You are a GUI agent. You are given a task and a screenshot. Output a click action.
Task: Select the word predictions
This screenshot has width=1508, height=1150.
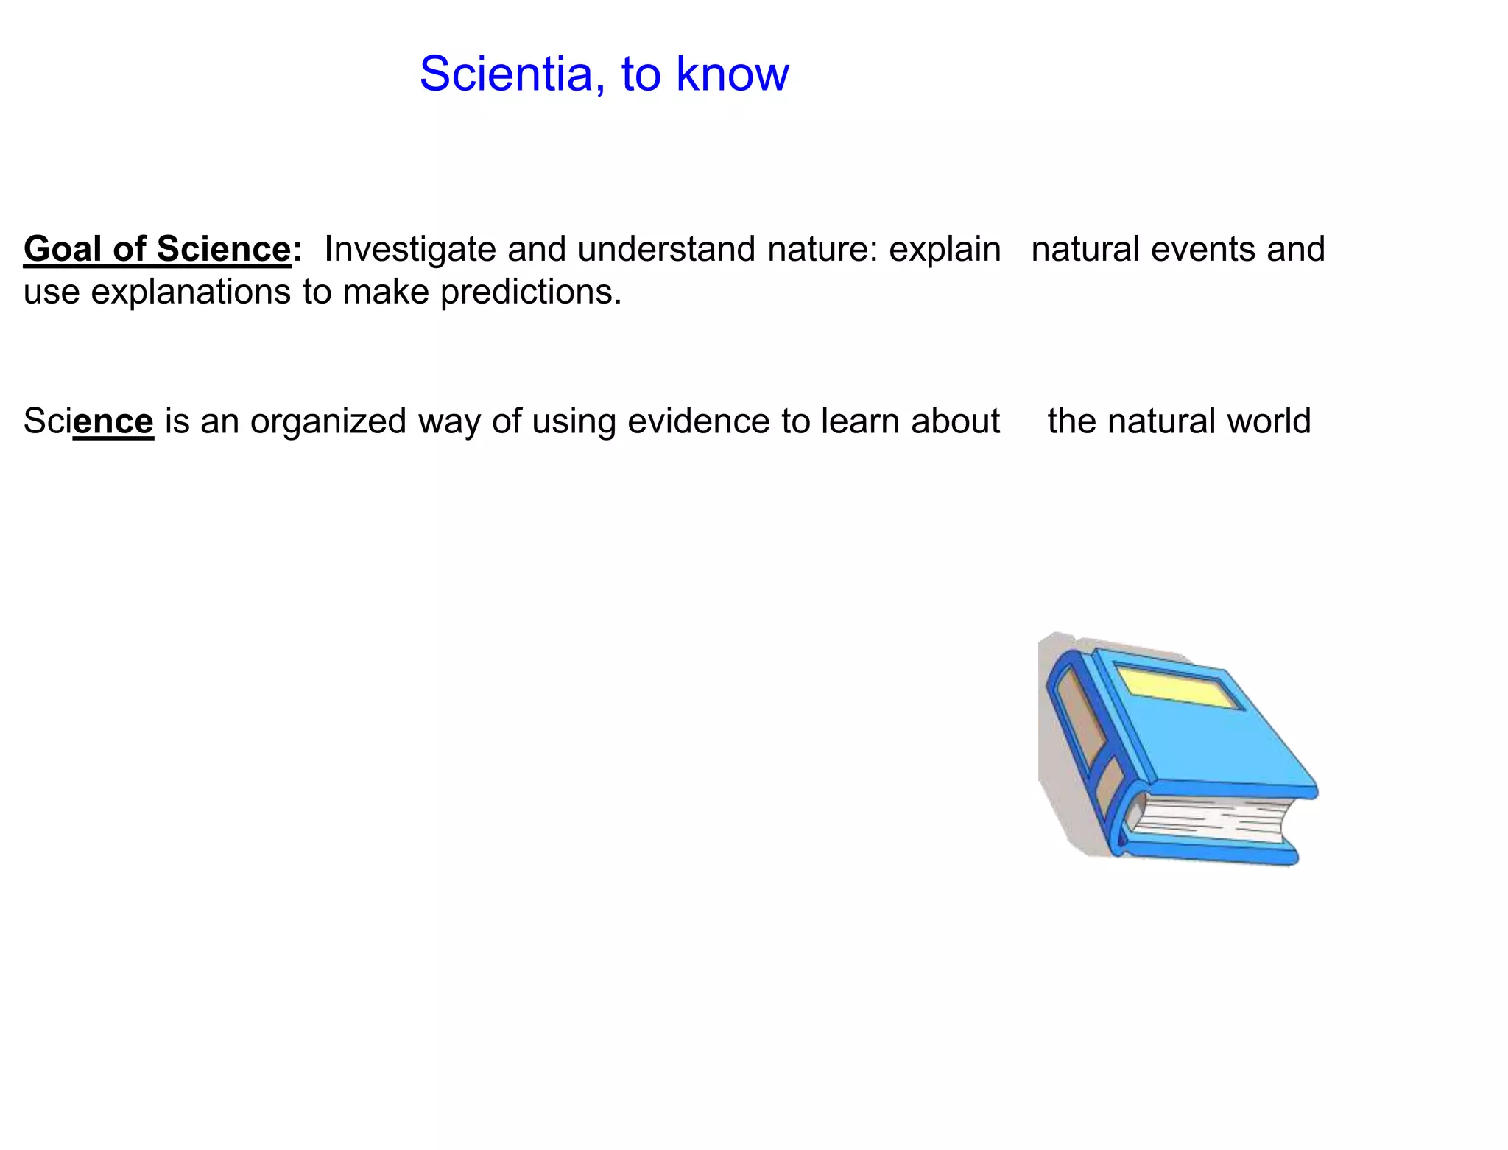click(x=531, y=292)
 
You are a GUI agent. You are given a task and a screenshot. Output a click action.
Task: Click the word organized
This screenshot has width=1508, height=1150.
click(x=328, y=422)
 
